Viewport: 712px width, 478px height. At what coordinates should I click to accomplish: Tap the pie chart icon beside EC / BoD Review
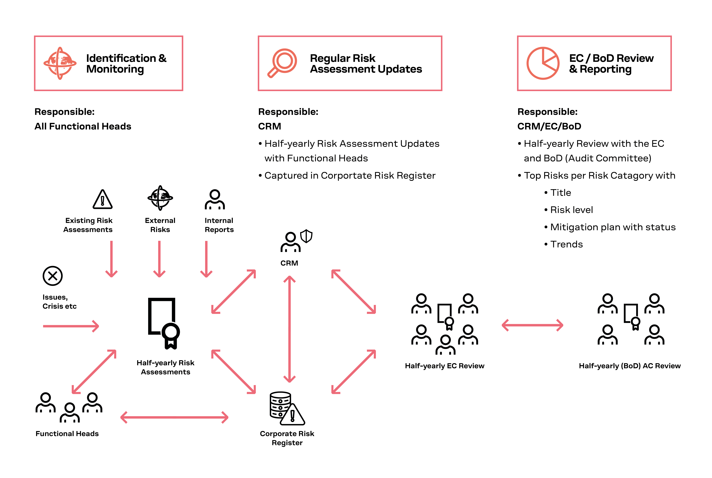(x=543, y=63)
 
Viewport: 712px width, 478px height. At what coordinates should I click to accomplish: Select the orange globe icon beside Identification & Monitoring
(x=60, y=63)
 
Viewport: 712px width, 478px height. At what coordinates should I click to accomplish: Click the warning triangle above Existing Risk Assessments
(x=102, y=200)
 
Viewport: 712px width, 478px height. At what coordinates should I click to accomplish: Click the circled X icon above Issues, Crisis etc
(x=52, y=276)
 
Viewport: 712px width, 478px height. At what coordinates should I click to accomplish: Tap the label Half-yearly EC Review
(x=444, y=366)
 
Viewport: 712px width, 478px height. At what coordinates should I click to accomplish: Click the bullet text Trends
(x=566, y=244)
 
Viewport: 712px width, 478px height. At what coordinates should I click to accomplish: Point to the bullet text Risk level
(x=571, y=210)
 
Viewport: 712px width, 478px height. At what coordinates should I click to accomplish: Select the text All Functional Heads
(x=83, y=126)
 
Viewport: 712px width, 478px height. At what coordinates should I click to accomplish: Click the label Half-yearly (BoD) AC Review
(x=630, y=366)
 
